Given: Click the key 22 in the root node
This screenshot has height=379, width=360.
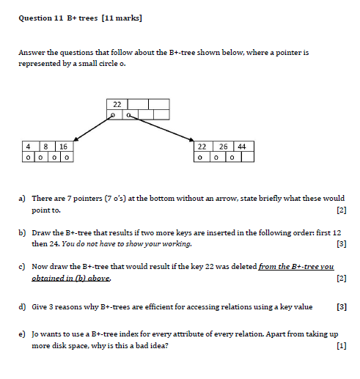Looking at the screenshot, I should pos(116,104).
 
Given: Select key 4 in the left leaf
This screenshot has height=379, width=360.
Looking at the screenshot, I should pos(27,146).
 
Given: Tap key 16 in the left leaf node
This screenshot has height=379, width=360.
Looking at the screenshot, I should pos(63,146).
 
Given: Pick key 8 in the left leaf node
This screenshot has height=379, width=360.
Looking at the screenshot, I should pos(45,146).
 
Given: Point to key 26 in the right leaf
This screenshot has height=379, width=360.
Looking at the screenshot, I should pos(221,146).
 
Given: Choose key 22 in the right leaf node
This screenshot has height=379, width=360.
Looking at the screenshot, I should pos(202,146).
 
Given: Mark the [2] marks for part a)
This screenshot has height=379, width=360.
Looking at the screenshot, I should pos(340,211).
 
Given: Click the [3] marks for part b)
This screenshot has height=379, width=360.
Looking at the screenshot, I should pos(340,243).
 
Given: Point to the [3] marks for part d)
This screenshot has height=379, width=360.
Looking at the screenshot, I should pos(340,307).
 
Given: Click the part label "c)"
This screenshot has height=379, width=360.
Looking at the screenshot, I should pos(23,268).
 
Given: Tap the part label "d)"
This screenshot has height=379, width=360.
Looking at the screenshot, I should pos(23,307).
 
